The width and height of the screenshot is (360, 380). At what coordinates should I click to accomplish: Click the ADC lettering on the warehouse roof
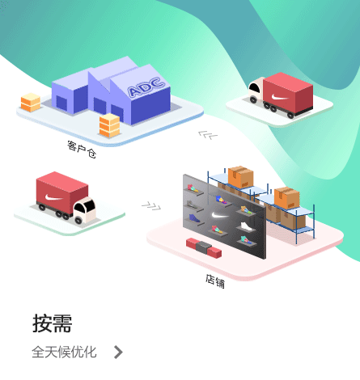(x=146, y=87)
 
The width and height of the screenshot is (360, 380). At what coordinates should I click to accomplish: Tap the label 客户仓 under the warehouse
(x=82, y=150)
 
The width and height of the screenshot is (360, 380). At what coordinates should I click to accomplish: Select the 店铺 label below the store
(x=215, y=281)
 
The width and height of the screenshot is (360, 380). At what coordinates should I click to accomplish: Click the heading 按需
(x=53, y=323)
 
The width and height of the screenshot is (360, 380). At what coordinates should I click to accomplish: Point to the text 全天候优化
(x=64, y=352)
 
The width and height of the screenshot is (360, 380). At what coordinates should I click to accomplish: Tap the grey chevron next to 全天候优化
(x=118, y=352)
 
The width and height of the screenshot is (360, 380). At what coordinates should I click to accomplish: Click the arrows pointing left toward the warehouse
(x=208, y=135)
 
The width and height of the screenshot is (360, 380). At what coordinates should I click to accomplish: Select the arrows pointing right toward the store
(x=151, y=206)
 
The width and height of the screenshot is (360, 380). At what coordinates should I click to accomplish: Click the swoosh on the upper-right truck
(x=280, y=97)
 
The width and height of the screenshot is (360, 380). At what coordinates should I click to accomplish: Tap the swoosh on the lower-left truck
(x=54, y=198)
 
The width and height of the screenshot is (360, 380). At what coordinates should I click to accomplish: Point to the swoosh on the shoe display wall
(x=219, y=215)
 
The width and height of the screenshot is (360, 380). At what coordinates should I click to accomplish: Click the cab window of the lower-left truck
(x=84, y=206)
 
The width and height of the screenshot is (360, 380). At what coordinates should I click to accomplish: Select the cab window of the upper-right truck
(x=254, y=88)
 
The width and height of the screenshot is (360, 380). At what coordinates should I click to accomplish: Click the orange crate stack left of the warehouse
(x=31, y=103)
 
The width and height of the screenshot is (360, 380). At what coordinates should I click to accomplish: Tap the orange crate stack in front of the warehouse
(x=109, y=125)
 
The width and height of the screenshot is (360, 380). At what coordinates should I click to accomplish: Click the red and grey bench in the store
(x=204, y=247)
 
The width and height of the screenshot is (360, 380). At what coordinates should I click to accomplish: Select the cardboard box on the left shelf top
(x=240, y=177)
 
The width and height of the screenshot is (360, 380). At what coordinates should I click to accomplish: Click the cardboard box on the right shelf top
(x=286, y=198)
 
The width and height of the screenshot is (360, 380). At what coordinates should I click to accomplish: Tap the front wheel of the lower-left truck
(x=78, y=221)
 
